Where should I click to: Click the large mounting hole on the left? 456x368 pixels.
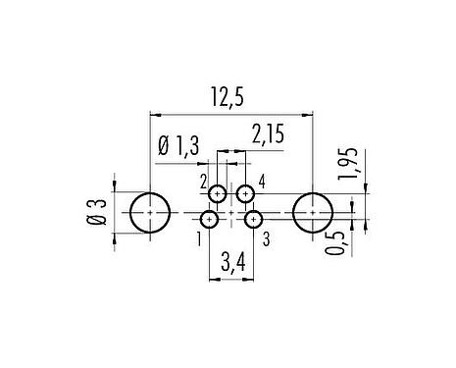point(149,211)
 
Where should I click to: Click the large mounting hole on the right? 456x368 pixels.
point(312,211)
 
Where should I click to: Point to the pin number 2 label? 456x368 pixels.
point(204,182)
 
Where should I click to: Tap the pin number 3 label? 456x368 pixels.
point(266,237)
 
